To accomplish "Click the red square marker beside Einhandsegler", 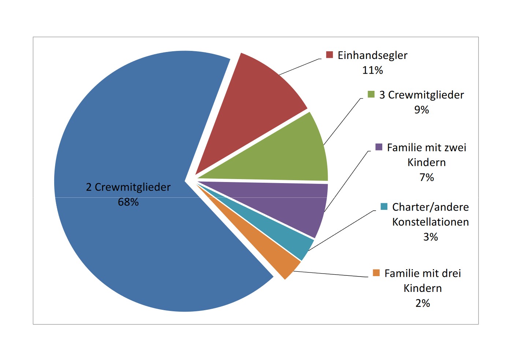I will click(330, 55).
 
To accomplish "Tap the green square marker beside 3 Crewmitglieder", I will click(371, 94).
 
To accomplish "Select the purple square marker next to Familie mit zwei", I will click(379, 147).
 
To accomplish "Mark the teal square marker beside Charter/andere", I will click(384, 207).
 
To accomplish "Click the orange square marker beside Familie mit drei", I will click(376, 273).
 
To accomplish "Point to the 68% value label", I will click(128, 202).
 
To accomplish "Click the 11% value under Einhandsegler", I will click(372, 70).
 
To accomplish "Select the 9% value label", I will click(421, 110).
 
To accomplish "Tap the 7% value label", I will click(427, 178).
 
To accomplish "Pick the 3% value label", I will click(431, 237).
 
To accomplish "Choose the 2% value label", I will click(423, 303).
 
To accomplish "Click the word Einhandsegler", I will click(372, 55).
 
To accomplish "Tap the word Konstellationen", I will click(431, 222).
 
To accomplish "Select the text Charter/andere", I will click(431, 207).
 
